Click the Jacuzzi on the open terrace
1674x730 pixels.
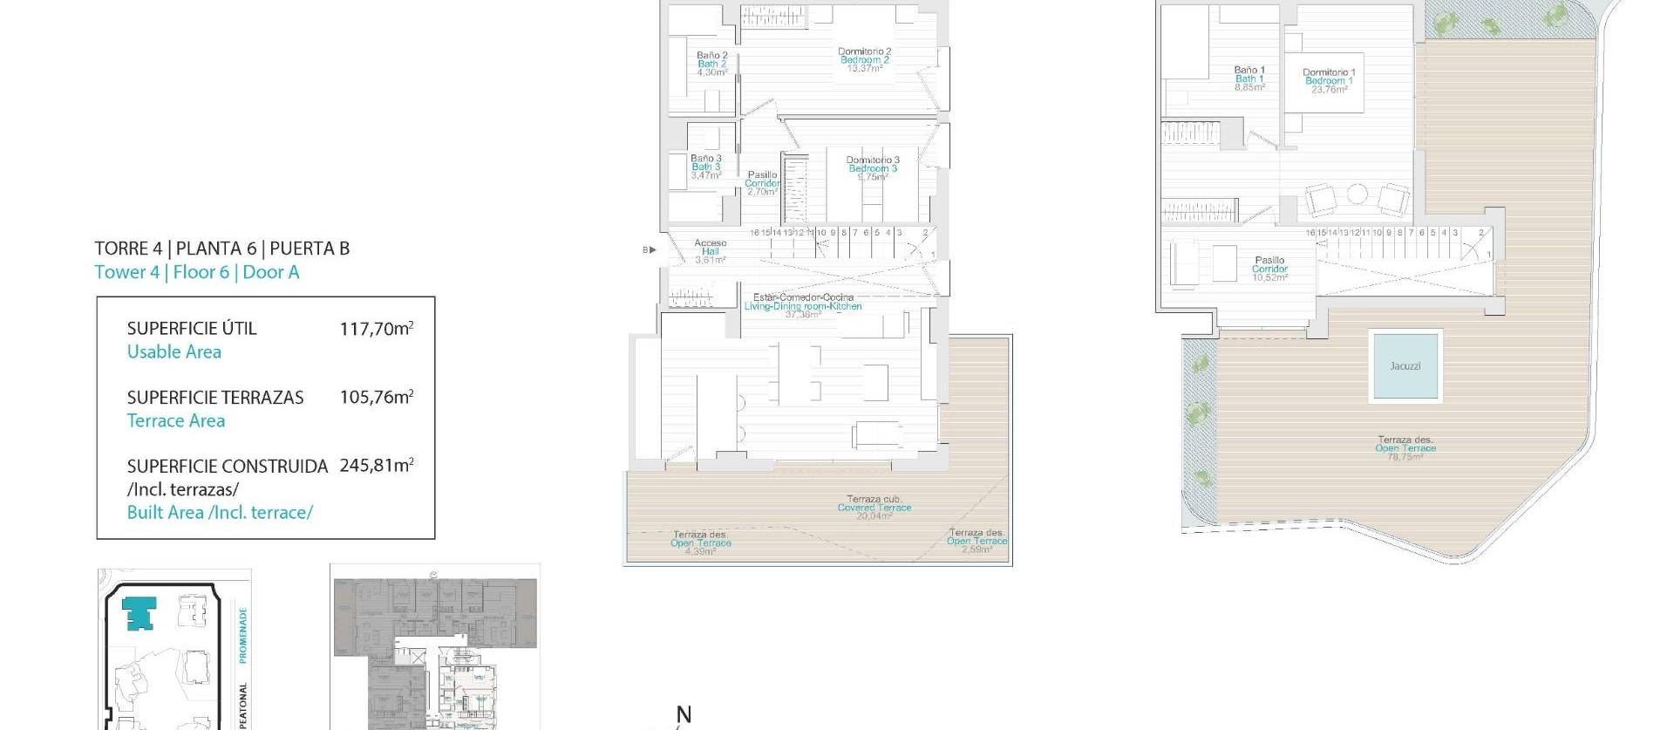pyautogui.click(x=1405, y=365)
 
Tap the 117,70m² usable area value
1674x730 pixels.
pyautogui.click(x=377, y=329)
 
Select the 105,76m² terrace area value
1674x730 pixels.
pyautogui.click(x=377, y=398)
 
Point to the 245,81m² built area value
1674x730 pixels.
pyautogui.click(x=377, y=466)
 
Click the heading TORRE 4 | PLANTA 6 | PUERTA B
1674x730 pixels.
pyautogui.click(x=221, y=249)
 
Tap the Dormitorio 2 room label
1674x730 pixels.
pyautogui.click(x=864, y=60)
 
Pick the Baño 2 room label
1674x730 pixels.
pyautogui.click(x=711, y=64)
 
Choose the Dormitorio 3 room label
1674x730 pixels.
pyautogui.click(x=872, y=168)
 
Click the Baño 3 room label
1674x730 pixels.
pyautogui.click(x=705, y=167)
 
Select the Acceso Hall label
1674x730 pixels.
pyautogui.click(x=710, y=251)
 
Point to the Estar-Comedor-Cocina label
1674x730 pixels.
pyautogui.click(x=803, y=305)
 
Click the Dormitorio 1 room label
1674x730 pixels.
pyautogui.click(x=1329, y=81)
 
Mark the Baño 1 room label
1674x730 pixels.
pyautogui.click(x=1249, y=78)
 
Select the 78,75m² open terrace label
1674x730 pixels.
pyautogui.click(x=1405, y=448)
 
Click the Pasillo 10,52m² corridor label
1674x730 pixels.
pyautogui.click(x=1269, y=269)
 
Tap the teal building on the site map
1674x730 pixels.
pyautogui.click(x=139, y=612)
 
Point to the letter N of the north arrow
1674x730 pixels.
pyautogui.click(x=684, y=715)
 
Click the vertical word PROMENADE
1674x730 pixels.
pyautogui.click(x=243, y=635)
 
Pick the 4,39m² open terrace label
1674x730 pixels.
pyautogui.click(x=700, y=542)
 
